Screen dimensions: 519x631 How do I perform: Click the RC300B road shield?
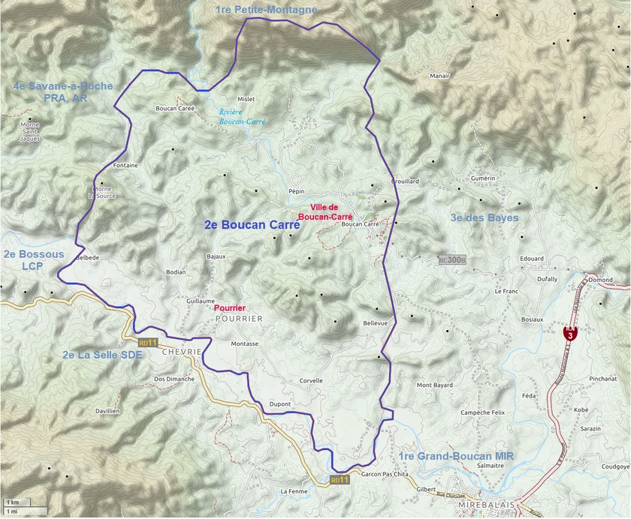[x=452, y=260]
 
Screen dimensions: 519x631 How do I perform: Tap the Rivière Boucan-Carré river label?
[x=237, y=116]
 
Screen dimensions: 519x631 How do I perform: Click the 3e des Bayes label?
[x=484, y=217]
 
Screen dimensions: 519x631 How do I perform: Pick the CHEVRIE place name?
[x=182, y=351]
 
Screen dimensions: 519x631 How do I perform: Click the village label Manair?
[x=439, y=76]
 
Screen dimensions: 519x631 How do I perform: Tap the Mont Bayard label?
[x=435, y=385]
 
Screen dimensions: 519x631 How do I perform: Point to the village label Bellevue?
[x=375, y=322]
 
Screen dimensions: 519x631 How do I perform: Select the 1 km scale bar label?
[x=13, y=501]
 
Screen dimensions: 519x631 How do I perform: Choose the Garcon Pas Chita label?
[x=384, y=475]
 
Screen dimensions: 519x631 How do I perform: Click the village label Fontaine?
[x=125, y=165]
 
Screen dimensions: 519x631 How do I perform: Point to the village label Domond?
[x=600, y=280]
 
